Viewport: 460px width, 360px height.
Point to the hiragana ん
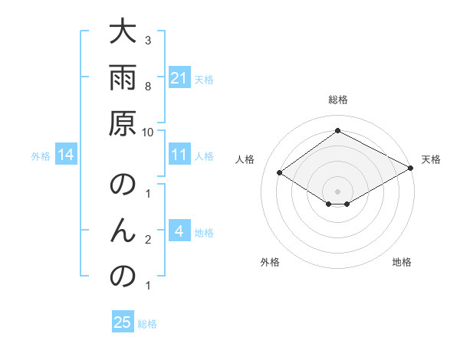(x=124, y=231)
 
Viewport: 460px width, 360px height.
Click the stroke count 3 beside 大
(x=147, y=40)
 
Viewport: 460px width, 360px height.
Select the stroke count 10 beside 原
(x=147, y=131)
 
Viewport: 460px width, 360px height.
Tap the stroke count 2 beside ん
(x=147, y=240)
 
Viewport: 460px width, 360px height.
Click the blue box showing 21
(x=179, y=78)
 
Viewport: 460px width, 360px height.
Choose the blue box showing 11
(x=179, y=155)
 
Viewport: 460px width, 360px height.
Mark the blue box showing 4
(x=179, y=232)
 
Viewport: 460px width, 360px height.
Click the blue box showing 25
(x=123, y=323)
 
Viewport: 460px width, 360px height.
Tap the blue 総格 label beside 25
(x=147, y=324)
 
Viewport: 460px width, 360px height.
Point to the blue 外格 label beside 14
(x=41, y=156)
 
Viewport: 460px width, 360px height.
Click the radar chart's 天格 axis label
(x=431, y=159)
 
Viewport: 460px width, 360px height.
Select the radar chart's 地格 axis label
(x=402, y=262)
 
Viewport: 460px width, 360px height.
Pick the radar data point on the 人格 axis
(x=280, y=173)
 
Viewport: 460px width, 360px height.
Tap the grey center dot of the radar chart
(x=337, y=191)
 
